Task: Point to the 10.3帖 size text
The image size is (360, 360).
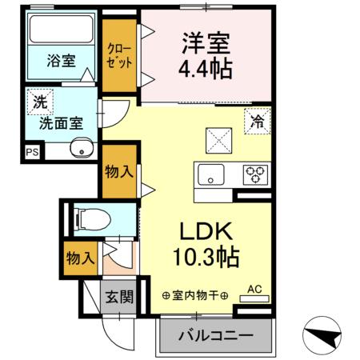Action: click(x=204, y=258)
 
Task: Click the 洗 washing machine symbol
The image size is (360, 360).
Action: click(x=38, y=102)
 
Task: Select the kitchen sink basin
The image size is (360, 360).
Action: click(x=213, y=174)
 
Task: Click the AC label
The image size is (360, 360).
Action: click(x=254, y=289)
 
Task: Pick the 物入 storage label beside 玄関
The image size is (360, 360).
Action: click(x=81, y=258)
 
